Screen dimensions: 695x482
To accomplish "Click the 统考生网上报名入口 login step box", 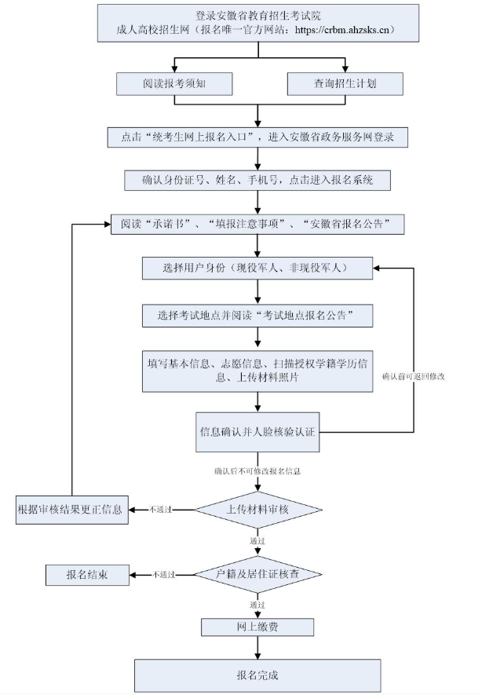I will pos(257,137).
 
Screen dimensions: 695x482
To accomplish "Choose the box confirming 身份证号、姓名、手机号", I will pos(257,180).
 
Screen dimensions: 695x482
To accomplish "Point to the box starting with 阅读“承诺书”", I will pos(257,224).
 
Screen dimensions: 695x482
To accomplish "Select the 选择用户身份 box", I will pos(257,268).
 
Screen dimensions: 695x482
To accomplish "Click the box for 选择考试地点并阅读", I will pos(257,316).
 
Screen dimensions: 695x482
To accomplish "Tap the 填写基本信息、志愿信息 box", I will pos(257,370).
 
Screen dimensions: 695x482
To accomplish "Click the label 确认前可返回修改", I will pos(414,377).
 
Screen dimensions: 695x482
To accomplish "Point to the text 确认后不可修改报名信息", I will pos(257,472).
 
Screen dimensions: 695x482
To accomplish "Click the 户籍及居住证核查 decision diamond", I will pos(257,574).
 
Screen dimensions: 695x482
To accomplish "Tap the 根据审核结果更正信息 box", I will pos(70,509).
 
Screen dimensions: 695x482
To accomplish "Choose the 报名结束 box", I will pos(86,575).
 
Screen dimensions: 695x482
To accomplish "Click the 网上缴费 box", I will pos(257,627).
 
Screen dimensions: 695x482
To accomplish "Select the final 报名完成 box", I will pos(257,675).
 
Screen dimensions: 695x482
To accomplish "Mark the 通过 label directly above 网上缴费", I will pos(257,605).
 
